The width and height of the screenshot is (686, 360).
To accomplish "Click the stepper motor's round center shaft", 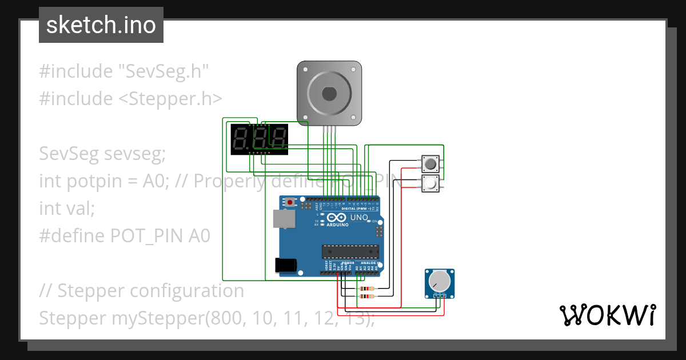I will click(329, 93).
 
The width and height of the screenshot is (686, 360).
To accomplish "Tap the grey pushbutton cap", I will click(430, 164).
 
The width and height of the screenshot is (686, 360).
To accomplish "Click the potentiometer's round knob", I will click(439, 281).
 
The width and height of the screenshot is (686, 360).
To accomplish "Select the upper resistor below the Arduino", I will click(366, 289).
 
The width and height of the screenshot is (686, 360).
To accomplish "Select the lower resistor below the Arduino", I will click(366, 297).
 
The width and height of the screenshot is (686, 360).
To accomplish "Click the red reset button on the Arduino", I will click(290, 202).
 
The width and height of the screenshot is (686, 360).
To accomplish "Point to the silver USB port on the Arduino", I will click(281, 218).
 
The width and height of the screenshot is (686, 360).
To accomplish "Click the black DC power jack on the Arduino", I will click(285, 265).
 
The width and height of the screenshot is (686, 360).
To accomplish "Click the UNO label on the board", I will click(358, 218).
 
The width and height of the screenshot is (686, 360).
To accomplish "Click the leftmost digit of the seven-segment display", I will click(240, 139).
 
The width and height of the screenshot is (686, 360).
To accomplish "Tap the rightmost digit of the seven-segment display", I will click(278, 139).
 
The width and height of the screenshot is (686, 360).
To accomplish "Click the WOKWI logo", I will click(607, 315).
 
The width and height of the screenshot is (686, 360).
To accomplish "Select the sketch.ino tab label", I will click(101, 25).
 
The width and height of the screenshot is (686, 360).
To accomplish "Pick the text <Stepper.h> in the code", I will click(170, 99).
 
